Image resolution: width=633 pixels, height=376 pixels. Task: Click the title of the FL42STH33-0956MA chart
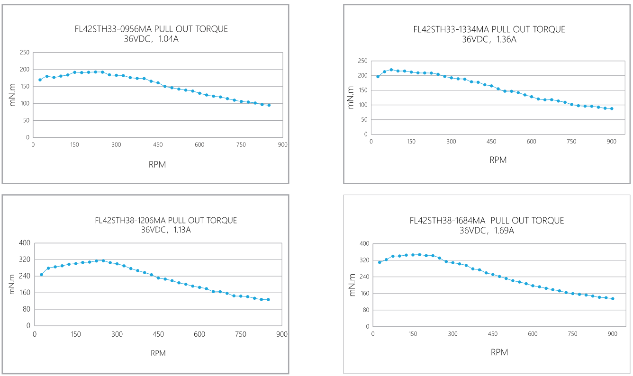(x=151, y=29)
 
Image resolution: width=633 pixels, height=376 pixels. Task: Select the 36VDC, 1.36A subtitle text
(x=489, y=39)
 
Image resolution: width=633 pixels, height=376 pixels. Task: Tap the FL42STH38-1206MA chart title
(x=166, y=221)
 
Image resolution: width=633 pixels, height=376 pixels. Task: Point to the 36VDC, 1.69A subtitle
(x=487, y=231)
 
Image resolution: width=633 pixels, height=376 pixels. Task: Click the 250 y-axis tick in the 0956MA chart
(x=24, y=53)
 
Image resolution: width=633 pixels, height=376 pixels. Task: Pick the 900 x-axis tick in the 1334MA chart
(x=612, y=142)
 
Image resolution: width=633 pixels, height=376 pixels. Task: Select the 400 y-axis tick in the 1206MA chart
(x=24, y=243)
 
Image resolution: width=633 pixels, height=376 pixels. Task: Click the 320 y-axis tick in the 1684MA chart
(x=363, y=260)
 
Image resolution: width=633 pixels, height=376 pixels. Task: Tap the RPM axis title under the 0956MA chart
(x=157, y=165)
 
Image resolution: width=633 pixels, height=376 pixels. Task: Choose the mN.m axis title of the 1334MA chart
(x=351, y=97)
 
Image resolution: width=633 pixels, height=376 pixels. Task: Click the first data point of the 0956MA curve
(x=40, y=80)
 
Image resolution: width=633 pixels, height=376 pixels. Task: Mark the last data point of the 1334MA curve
(x=612, y=108)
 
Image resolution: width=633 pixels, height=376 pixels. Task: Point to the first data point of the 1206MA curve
(x=41, y=275)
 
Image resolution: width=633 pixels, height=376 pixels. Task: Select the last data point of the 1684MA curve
(x=613, y=298)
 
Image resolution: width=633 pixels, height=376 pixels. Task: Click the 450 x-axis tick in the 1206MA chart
(x=158, y=334)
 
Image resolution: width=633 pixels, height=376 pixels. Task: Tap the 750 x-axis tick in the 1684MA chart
(x=572, y=334)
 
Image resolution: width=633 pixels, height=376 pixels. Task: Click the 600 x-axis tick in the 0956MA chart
(x=199, y=144)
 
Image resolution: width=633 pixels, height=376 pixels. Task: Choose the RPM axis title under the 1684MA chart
(x=499, y=352)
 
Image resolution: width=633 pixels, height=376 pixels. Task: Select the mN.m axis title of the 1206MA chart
(x=13, y=284)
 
